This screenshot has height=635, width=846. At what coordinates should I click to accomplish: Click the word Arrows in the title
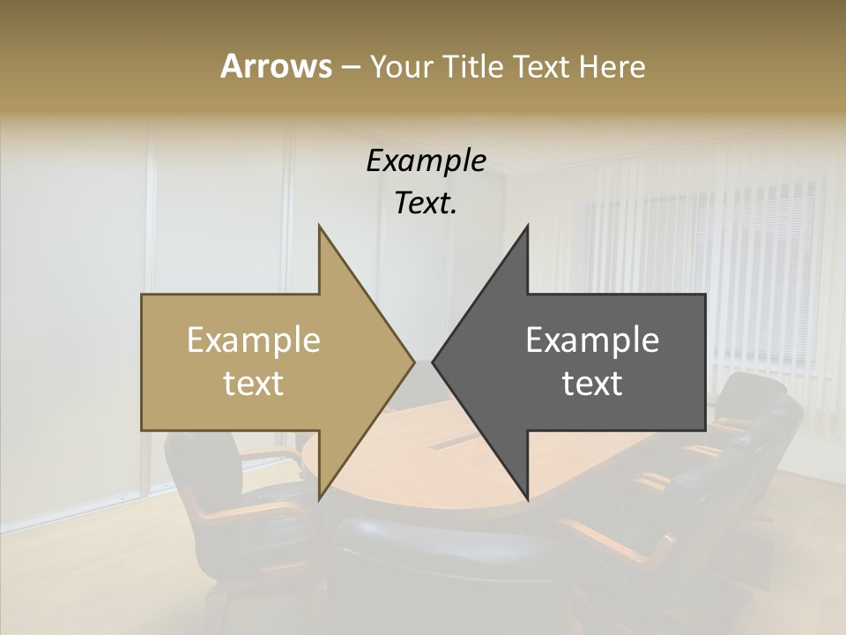pyautogui.click(x=276, y=66)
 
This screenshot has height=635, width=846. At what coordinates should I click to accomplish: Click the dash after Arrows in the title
pyautogui.click(x=351, y=68)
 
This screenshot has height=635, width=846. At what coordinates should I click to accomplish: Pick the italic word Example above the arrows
pyautogui.click(x=426, y=161)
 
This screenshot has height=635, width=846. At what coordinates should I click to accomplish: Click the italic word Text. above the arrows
pyautogui.click(x=426, y=203)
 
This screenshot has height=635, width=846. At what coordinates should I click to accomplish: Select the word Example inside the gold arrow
pyautogui.click(x=253, y=340)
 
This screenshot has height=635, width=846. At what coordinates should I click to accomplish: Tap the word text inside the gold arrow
pyautogui.click(x=253, y=384)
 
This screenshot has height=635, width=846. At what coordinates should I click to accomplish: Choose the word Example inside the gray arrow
pyautogui.click(x=592, y=340)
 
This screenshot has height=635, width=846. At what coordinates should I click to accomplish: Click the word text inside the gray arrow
pyautogui.click(x=592, y=384)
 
